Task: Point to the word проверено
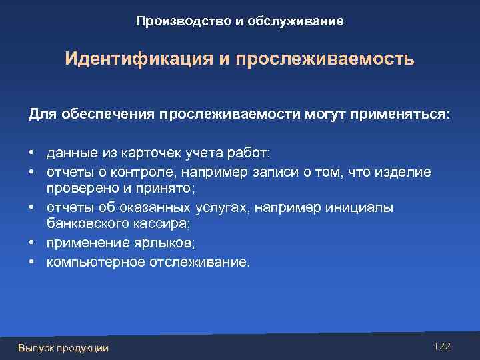pos(76,189)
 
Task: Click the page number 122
pos(441,345)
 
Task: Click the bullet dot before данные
pos(32,154)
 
